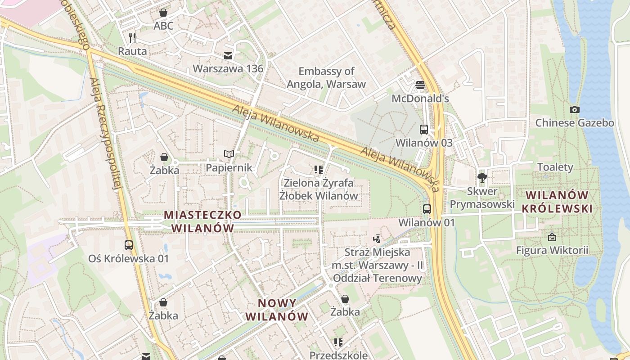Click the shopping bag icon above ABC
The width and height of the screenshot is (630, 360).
pos(163,13)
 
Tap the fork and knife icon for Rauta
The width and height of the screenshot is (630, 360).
pos(132,37)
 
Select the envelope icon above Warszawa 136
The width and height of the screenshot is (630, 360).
pos(228,55)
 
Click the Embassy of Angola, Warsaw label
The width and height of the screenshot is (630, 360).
pos(326,77)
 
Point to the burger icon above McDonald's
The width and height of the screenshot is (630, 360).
pos(420,85)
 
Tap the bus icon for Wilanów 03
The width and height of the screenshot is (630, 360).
pos(424,129)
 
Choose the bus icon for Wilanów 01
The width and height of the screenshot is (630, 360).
pos(427,209)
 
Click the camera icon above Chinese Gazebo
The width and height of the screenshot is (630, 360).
pos(574,109)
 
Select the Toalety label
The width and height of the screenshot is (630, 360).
pos(555,167)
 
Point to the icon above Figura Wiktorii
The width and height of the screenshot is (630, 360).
pos(552,237)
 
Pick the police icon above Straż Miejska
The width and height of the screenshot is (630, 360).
pos(377,239)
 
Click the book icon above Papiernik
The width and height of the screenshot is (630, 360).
pos(229,154)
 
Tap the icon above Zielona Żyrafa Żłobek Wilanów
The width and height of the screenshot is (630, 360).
pos(319,170)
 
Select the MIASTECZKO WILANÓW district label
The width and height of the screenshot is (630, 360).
pos(202,221)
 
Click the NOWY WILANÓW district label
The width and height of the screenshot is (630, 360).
pos(277,310)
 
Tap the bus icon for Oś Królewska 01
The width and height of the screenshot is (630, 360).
pos(129,245)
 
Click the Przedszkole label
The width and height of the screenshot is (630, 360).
pos(338,355)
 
